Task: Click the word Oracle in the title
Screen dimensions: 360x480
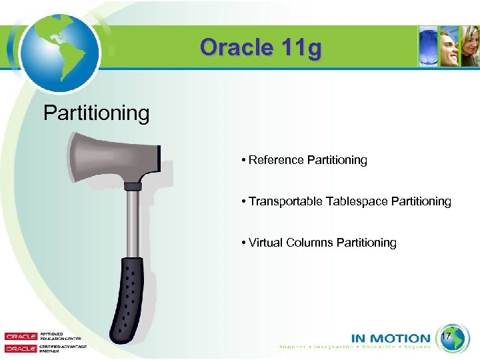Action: click(231, 48)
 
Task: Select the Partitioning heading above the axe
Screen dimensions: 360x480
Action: click(96, 113)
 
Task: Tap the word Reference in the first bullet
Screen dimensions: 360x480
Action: click(277, 160)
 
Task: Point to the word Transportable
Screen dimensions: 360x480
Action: click(285, 201)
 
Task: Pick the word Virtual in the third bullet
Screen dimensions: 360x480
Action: click(266, 243)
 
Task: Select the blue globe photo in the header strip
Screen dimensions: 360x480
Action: click(429, 46)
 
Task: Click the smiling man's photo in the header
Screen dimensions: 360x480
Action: click(449, 46)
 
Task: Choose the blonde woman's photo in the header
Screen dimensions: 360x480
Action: click(470, 46)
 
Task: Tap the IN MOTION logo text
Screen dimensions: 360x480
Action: click(391, 339)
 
